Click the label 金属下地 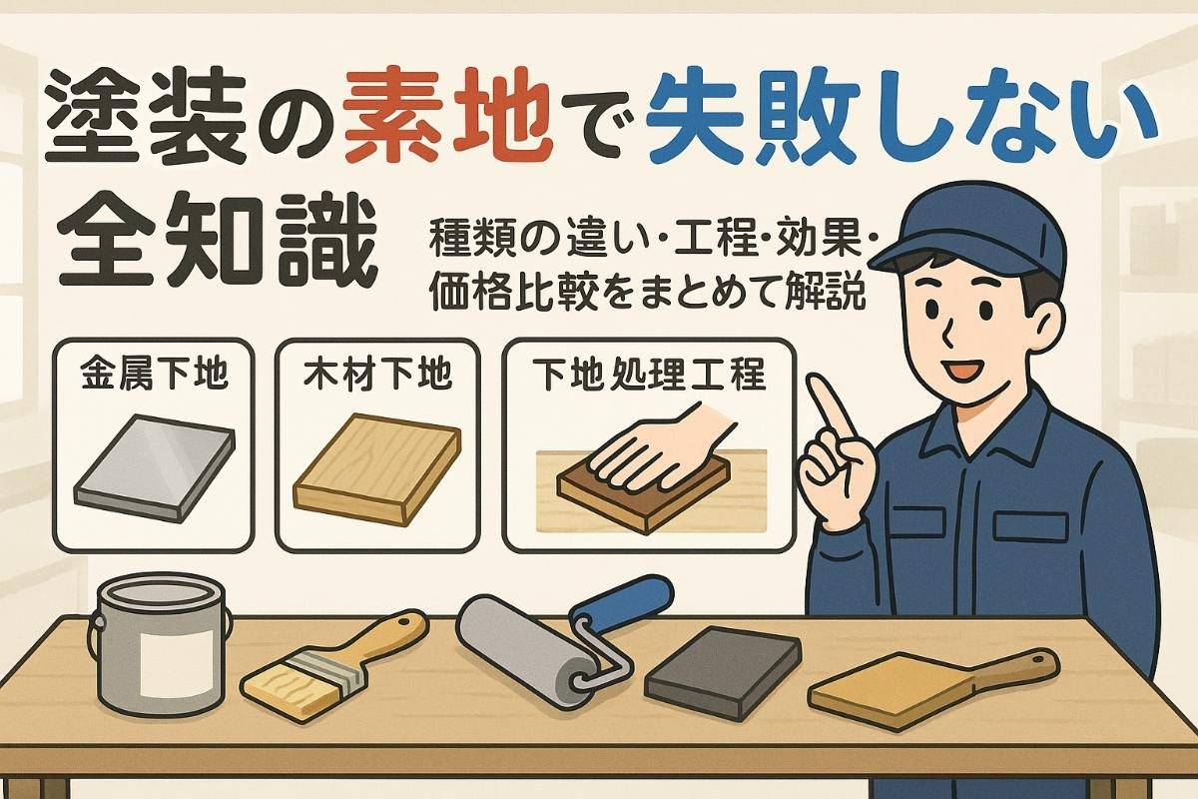click(154, 374)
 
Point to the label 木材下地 click(377, 374)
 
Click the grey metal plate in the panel click(154, 467)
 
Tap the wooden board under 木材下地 click(376, 469)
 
